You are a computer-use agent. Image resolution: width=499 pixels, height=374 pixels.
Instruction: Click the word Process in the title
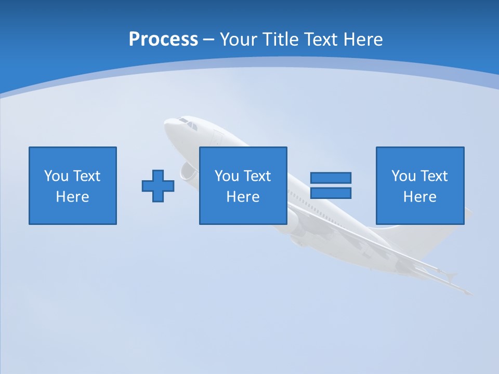[x=163, y=39]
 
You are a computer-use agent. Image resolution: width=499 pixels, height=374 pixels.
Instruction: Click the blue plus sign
[x=158, y=185]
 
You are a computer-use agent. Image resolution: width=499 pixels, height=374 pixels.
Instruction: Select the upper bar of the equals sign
[x=331, y=178]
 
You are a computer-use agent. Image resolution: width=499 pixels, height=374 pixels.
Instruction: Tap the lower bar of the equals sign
[x=331, y=193]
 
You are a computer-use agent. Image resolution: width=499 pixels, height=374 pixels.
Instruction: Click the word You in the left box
[x=56, y=176]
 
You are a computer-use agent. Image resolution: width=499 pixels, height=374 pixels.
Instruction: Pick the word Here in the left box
[x=72, y=197]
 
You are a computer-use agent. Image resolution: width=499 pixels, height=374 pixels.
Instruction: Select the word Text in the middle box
[x=257, y=176]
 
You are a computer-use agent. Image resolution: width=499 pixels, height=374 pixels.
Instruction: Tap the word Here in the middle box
[x=243, y=197]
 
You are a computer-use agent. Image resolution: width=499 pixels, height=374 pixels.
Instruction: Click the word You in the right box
[x=403, y=176]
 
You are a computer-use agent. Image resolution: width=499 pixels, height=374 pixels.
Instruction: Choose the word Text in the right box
[x=434, y=176]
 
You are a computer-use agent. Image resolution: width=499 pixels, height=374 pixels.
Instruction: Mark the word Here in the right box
[x=419, y=197]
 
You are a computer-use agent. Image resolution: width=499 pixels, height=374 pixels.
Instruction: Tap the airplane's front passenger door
[x=217, y=138]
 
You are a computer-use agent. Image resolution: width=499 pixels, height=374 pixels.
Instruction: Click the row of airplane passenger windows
[x=307, y=201]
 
